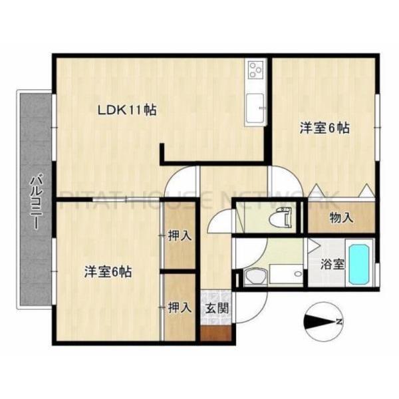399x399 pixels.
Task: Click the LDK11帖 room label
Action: point(128,110)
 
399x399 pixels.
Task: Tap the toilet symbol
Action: point(281,217)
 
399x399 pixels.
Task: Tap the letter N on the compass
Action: point(339,323)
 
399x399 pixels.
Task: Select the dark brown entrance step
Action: point(217,332)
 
